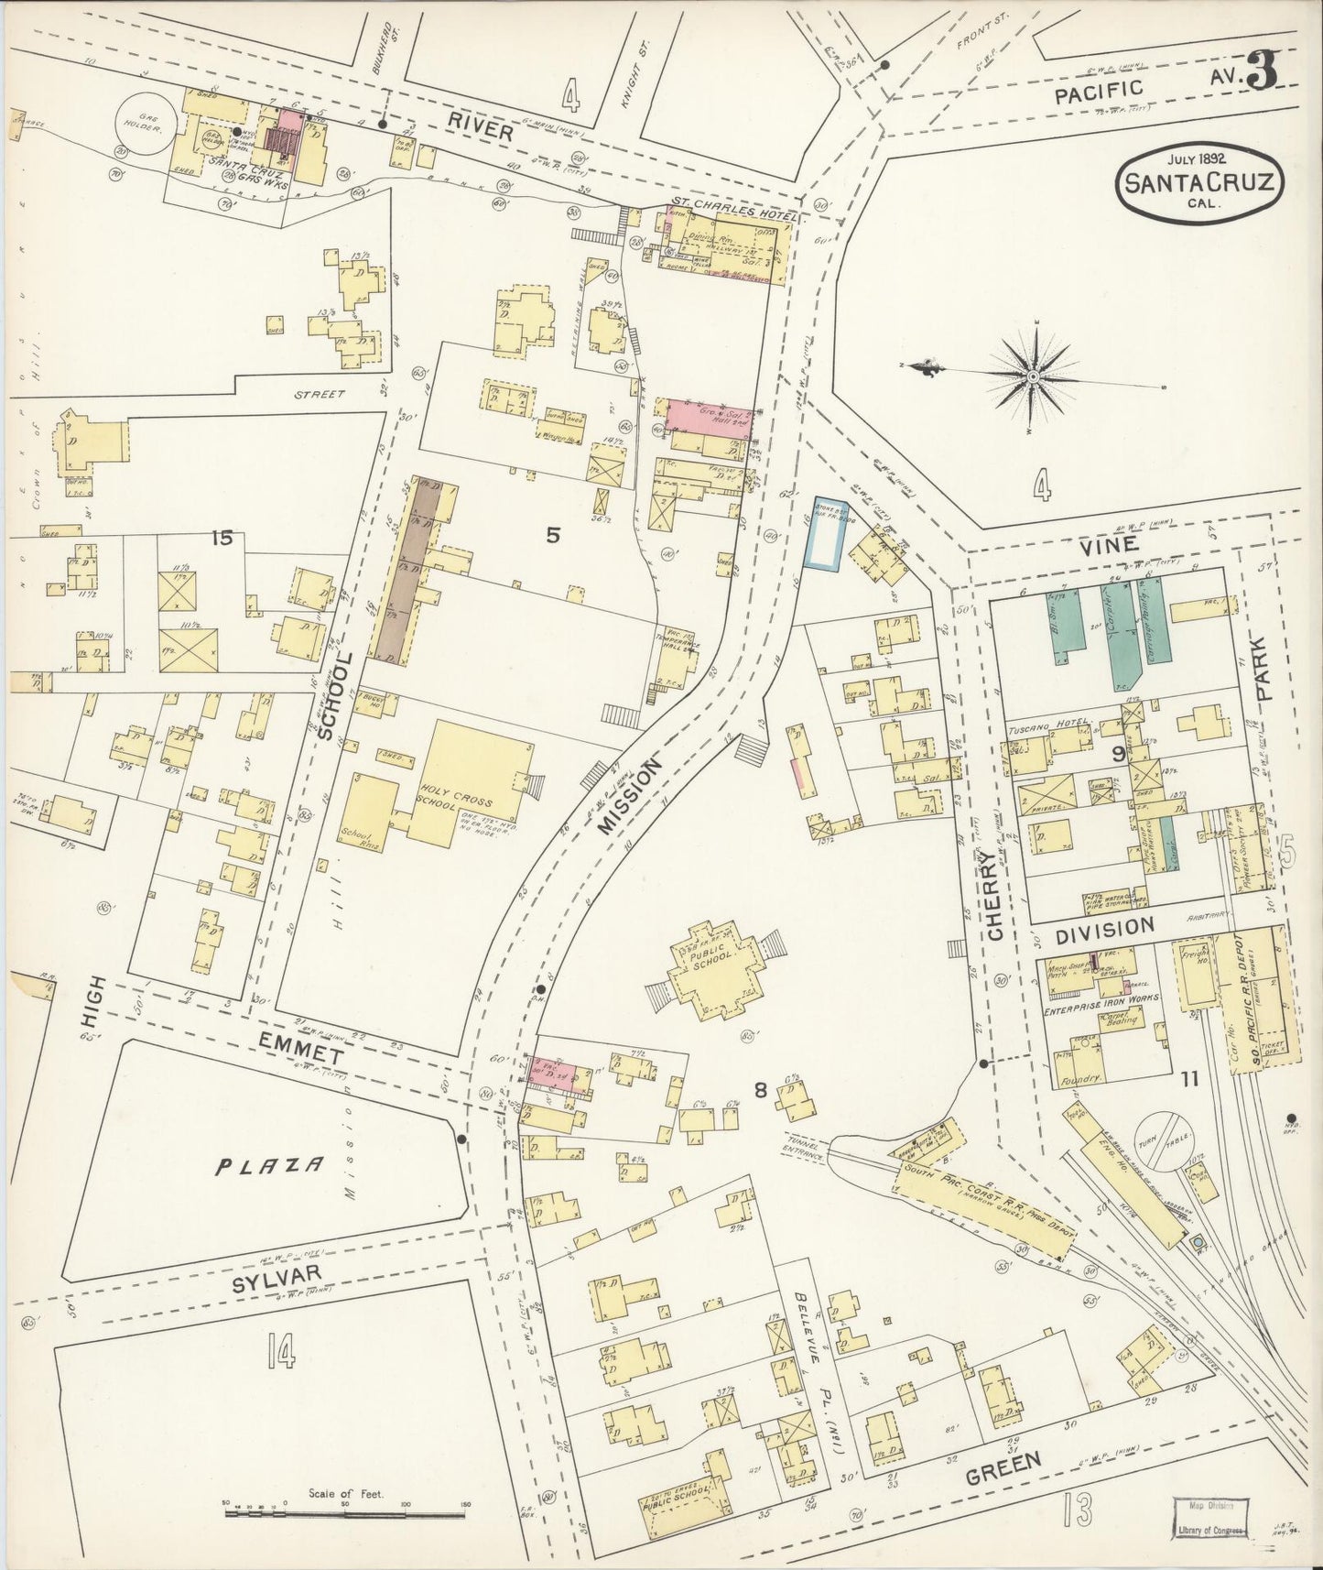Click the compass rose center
[1034, 376]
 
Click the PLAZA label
[270, 1165]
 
